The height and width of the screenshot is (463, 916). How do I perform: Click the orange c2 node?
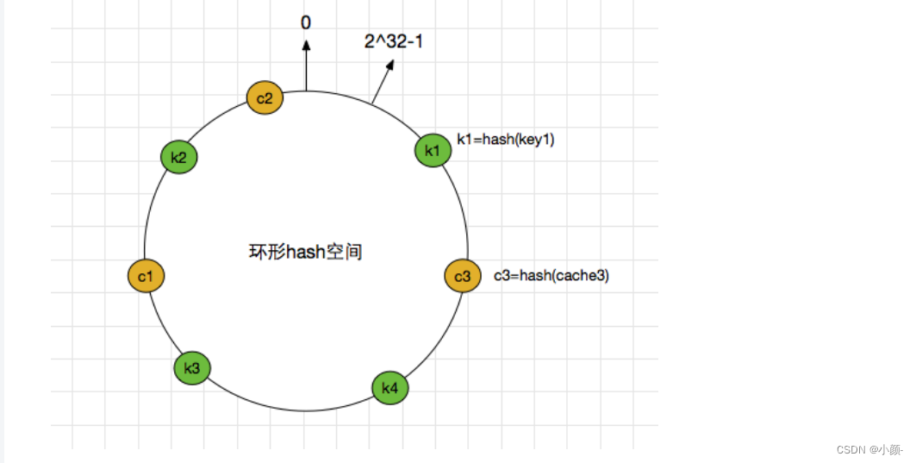[x=265, y=98]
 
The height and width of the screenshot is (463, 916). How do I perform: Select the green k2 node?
[x=179, y=158]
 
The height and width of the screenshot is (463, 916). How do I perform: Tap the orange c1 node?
[x=146, y=276]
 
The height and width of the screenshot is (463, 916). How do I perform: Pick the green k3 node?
[x=192, y=368]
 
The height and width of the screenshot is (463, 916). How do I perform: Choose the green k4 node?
[x=390, y=388]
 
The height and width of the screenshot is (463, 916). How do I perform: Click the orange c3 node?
[x=463, y=276]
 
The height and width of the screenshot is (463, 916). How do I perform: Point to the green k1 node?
[x=433, y=150]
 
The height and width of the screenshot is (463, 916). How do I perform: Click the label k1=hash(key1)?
[x=505, y=140]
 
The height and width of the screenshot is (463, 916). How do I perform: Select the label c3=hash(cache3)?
[x=551, y=276]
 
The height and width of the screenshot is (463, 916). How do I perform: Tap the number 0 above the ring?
[x=306, y=22]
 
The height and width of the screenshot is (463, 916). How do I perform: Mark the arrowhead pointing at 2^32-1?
[x=389, y=66]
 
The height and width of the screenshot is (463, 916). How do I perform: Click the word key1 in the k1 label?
[x=535, y=140]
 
